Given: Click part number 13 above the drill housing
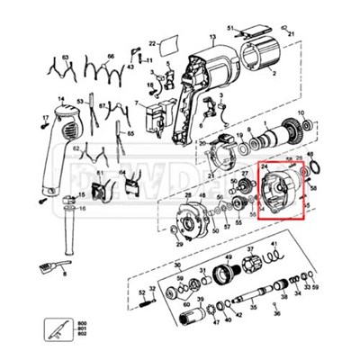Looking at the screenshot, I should click(213, 38).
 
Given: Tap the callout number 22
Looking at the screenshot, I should click(153, 41).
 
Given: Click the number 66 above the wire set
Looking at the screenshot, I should click(111, 56).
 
